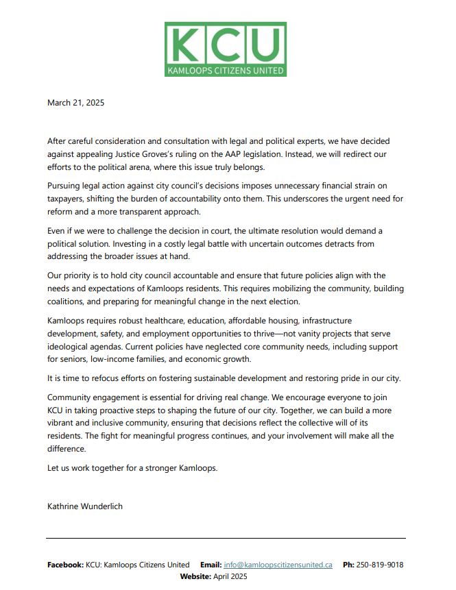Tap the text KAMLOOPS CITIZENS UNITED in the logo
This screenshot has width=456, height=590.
(226, 70)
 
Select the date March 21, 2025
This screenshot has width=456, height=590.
(75, 103)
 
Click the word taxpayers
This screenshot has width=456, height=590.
(69, 199)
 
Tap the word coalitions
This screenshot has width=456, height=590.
(69, 301)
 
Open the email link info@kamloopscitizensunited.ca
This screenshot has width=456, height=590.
(278, 565)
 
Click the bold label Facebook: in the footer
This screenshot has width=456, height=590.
(65, 565)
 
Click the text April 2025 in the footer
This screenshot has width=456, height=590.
(230, 576)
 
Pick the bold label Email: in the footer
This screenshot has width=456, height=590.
(211, 565)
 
